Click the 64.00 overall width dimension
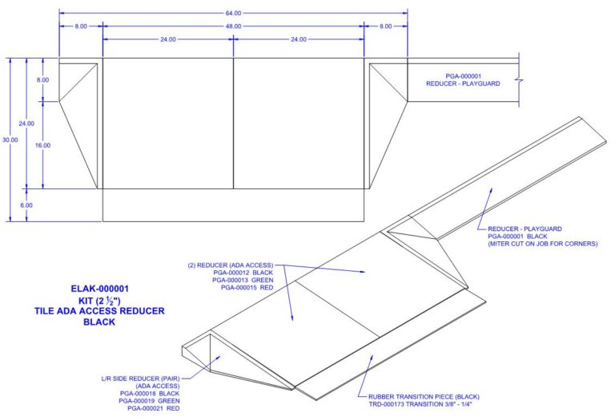coord(232,14)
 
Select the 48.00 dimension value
coord(232,26)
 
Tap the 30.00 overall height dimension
coord(9,140)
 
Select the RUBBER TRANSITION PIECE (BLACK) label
coord(428,397)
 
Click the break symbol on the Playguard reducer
coord(520,79)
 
